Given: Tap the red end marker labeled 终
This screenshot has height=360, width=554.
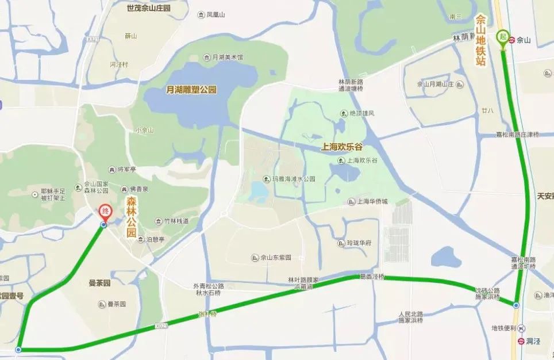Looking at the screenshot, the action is point(105,212).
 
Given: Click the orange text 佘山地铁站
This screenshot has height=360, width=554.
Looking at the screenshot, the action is point(481,40).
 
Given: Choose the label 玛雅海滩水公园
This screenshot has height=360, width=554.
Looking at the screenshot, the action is point(293,179).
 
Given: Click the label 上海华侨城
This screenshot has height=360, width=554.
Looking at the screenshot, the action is point(372,202).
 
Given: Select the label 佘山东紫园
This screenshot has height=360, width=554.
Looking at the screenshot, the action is point(276,258).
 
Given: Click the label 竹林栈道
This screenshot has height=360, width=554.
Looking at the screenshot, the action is point(175,221).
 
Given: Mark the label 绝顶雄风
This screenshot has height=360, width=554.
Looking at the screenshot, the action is point(362,113).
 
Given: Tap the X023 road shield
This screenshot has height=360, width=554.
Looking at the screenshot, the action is point(163,326).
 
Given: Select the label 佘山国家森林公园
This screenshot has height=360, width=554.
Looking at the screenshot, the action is point(96,186).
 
